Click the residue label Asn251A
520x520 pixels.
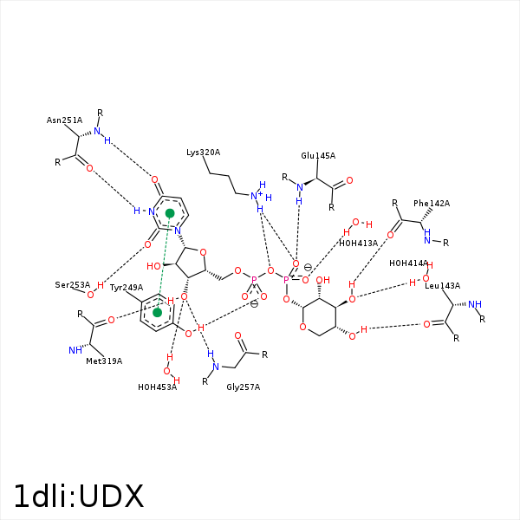[x=64, y=120]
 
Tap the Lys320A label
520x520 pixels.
[x=203, y=153]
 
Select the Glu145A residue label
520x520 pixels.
[x=318, y=156]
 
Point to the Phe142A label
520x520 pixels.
[x=432, y=204]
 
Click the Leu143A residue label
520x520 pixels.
[x=442, y=286]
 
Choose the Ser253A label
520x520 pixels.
[x=73, y=284]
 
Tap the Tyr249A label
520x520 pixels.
[x=127, y=288]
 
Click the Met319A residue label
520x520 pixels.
[x=104, y=361]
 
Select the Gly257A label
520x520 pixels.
[x=243, y=387]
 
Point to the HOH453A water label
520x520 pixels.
[x=157, y=387]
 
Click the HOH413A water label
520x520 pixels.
[x=358, y=244]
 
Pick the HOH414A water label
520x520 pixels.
[x=408, y=263]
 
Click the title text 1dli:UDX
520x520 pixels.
[x=78, y=497]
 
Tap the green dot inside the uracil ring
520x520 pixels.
[x=171, y=212]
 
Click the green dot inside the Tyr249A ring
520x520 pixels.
[x=158, y=312]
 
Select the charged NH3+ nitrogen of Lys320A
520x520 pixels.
[x=257, y=196]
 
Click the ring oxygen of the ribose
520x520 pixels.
[x=202, y=253]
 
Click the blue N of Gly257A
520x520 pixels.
[x=216, y=367]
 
